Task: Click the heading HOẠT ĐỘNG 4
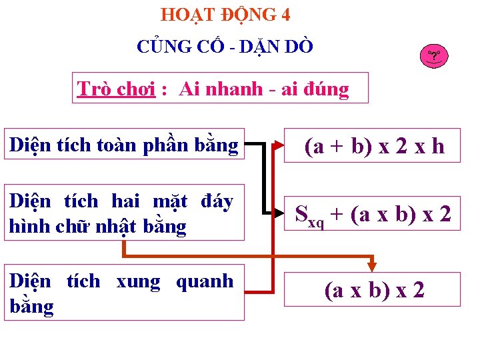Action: click(x=225, y=14)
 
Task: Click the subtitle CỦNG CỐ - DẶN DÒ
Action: click(x=225, y=47)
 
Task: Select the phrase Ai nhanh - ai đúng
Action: click(x=263, y=89)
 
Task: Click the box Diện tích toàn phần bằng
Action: click(x=124, y=145)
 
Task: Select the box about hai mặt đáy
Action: click(x=124, y=213)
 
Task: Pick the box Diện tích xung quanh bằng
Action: click(x=124, y=293)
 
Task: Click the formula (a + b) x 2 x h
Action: click(x=373, y=145)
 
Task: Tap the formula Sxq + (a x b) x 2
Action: click(x=373, y=214)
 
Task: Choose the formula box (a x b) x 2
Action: click(x=373, y=290)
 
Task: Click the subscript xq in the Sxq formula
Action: click(x=316, y=222)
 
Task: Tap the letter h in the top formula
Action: click(x=437, y=146)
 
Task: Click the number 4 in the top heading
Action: click(x=285, y=14)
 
